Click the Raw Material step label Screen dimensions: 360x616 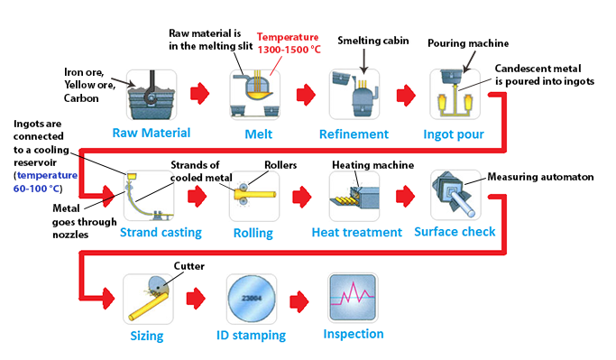point(152,133)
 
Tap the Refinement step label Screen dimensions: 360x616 point(354,134)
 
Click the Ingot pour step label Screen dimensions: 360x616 point(454,134)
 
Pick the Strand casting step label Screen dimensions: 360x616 point(161,233)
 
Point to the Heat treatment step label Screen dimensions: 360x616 point(357,233)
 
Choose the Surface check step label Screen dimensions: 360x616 point(455,232)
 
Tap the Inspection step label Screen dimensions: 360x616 point(354,334)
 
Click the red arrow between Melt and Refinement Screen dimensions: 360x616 point(305,92)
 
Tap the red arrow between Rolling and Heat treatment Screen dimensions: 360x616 point(304,193)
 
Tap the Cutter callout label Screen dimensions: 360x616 point(189,266)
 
